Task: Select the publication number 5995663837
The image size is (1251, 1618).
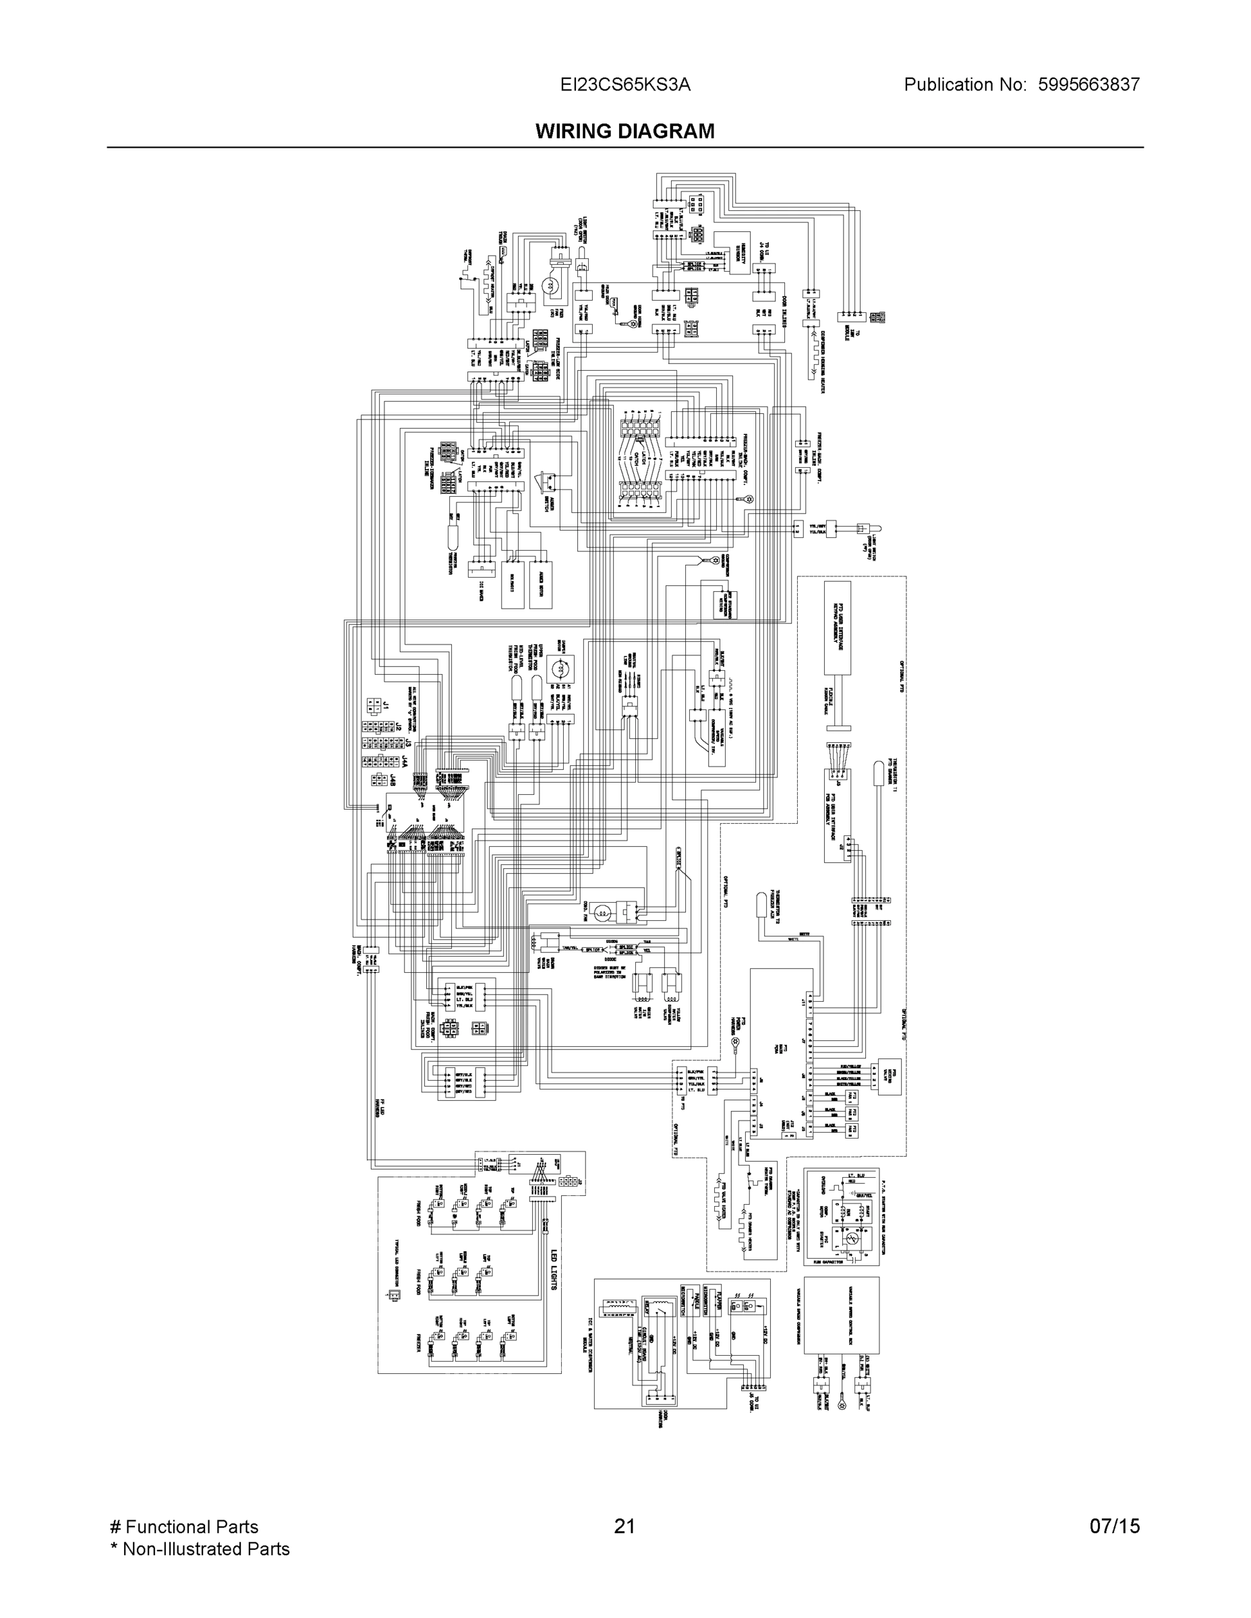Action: (1088, 85)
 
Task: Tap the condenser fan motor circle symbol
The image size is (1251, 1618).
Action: (606, 913)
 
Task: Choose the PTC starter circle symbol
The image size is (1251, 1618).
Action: (851, 1238)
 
